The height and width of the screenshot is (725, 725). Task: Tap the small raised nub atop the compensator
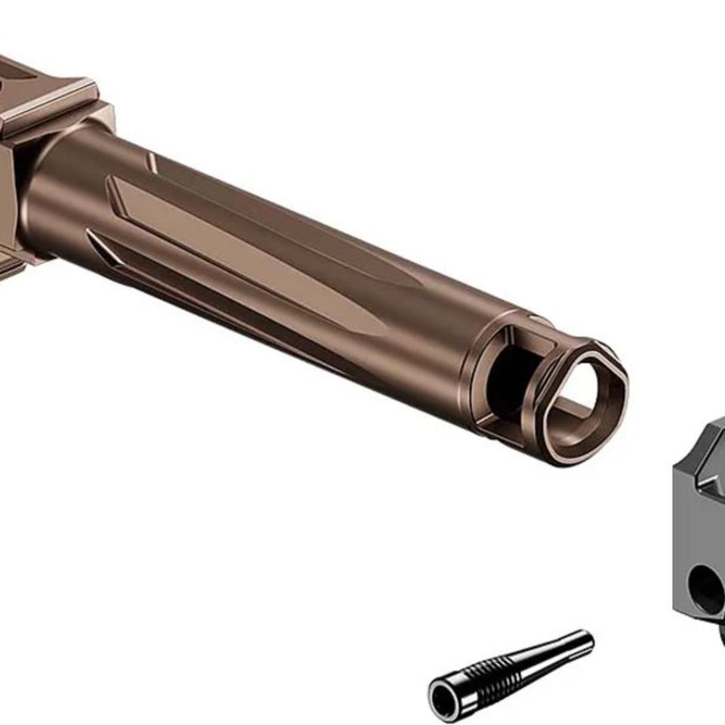(x=540, y=320)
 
